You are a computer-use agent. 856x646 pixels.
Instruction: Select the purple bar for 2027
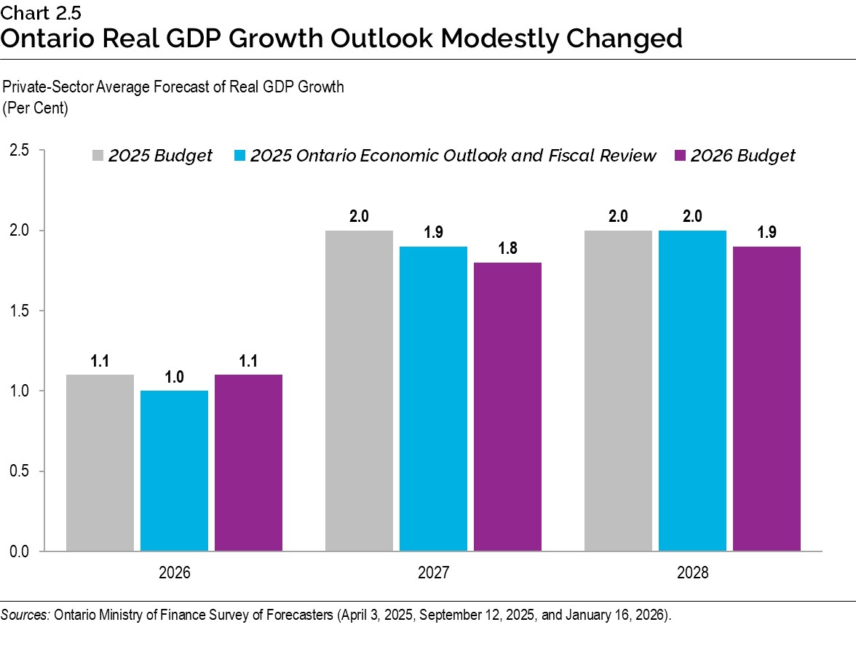pos(507,407)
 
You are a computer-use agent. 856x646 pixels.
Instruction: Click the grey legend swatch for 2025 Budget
pos(98,156)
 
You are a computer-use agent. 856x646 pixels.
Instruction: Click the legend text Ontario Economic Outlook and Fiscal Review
pos(453,156)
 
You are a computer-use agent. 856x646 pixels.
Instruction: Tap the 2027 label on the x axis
pos(433,573)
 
